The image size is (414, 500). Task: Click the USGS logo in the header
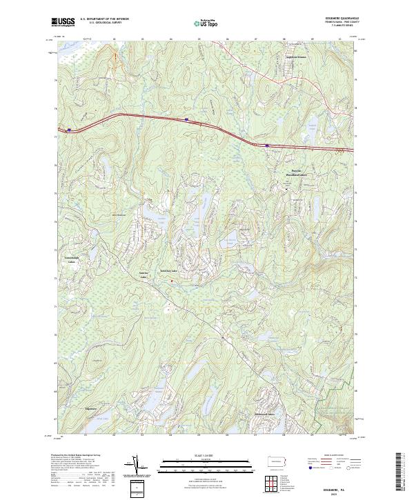point(63,22)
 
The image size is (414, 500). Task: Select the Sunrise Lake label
point(145,274)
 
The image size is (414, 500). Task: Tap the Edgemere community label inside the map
point(88,409)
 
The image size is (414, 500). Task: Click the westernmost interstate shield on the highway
point(69,129)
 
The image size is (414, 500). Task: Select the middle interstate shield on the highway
point(186,119)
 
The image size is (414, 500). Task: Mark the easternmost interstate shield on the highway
point(266,145)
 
